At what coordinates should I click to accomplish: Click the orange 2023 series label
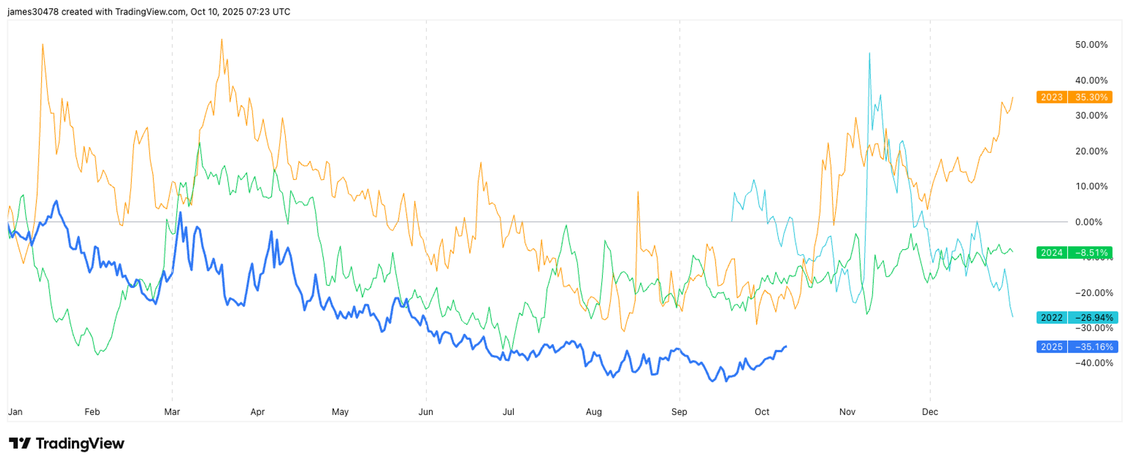[1051, 98]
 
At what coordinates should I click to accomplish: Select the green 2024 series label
[1051, 253]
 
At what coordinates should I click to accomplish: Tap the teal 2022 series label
[1051, 317]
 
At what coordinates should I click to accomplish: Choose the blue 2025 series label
[1051, 347]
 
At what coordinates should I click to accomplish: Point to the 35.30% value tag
[1091, 98]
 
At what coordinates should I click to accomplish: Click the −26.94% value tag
[1093, 317]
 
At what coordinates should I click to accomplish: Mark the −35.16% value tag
[1093, 347]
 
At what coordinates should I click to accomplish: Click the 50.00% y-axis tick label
[1091, 45]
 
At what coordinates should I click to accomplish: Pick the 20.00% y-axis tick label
[1091, 151]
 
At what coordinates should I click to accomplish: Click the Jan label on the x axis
[15, 412]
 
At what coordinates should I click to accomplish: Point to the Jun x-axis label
[426, 412]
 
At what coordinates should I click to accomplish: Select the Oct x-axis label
[762, 412]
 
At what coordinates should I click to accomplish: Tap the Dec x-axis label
[930, 412]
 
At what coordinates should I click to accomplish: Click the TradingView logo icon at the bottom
[19, 443]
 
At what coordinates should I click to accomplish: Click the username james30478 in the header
[33, 12]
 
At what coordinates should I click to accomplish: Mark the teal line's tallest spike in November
[870, 53]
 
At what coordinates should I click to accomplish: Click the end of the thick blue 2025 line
[786, 346]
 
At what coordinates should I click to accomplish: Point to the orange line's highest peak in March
[222, 40]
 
